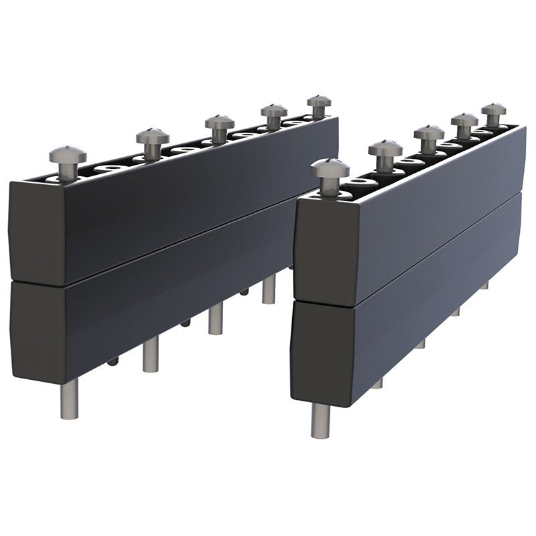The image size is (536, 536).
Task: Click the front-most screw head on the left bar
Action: pyautogui.click(x=67, y=155)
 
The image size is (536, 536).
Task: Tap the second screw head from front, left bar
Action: pyautogui.click(x=153, y=136)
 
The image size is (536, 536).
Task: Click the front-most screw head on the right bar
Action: pyautogui.click(x=330, y=168)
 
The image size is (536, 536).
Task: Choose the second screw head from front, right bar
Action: pyautogui.click(x=385, y=149)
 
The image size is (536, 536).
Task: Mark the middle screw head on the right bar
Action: pyautogui.click(x=429, y=133)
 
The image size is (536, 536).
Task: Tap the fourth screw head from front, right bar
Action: pyautogui.click(x=464, y=121)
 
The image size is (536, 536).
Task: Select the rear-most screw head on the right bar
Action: pyautogui.click(x=494, y=110)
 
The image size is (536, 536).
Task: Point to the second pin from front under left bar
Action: pyautogui.click(x=151, y=356)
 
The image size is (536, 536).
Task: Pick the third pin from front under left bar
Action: pyautogui.click(x=215, y=320)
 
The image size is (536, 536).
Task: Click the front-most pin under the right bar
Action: pyautogui.click(x=320, y=421)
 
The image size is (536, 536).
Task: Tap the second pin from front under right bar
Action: pyautogui.click(x=377, y=384)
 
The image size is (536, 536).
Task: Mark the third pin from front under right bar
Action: pyautogui.click(x=420, y=344)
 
